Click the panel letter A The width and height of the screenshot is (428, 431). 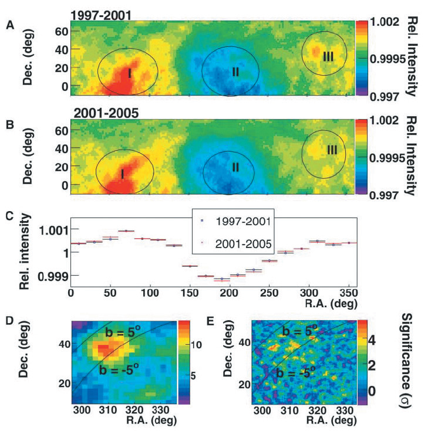10,25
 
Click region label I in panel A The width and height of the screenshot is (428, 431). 129,73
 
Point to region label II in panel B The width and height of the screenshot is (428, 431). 235,167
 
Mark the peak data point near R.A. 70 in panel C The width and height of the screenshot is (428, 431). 126,231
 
